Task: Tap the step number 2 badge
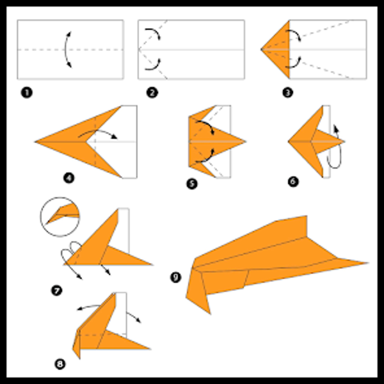click(152, 93)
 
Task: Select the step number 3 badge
click(288, 93)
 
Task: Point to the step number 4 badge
click(69, 177)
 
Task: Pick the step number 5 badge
click(192, 184)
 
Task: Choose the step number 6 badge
click(293, 181)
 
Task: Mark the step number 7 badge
click(56, 291)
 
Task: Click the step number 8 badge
click(60, 364)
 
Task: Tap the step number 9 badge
click(175, 278)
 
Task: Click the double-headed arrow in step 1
click(67, 50)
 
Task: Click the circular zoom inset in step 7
click(60, 217)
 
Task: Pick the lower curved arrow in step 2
click(154, 65)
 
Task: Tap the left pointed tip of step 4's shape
click(37, 142)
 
